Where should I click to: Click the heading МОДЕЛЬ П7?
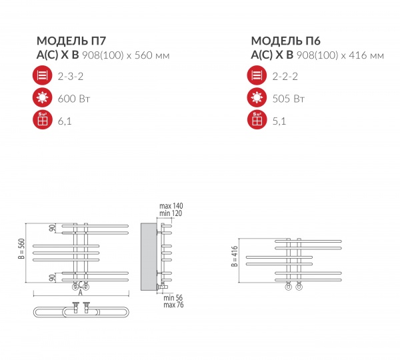(x=71, y=41)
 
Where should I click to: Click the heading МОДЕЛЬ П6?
(x=286, y=41)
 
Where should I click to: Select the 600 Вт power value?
(x=74, y=99)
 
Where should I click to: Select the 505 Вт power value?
(x=288, y=99)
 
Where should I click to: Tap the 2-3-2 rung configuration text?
(x=71, y=76)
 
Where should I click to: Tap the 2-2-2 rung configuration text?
(x=285, y=76)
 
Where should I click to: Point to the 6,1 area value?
(x=65, y=121)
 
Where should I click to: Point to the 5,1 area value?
(x=279, y=121)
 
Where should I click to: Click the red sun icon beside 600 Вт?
(x=43, y=97)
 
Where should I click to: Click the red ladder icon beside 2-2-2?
(x=257, y=75)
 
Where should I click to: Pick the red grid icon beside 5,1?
(x=257, y=119)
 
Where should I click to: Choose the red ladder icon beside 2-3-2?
(x=43, y=75)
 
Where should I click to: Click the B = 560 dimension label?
(x=21, y=249)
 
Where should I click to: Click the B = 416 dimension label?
(x=235, y=256)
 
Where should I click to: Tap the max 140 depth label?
(x=171, y=205)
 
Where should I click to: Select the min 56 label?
(x=173, y=297)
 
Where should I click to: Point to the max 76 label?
(x=173, y=305)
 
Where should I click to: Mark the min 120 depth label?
(x=171, y=213)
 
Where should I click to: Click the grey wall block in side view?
(x=149, y=257)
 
